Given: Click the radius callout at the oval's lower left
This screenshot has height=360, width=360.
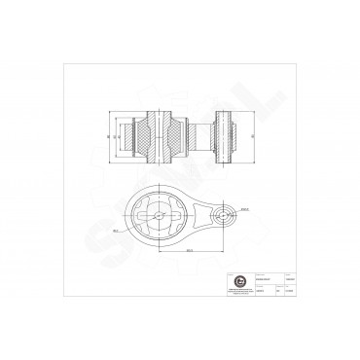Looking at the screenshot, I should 116,231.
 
